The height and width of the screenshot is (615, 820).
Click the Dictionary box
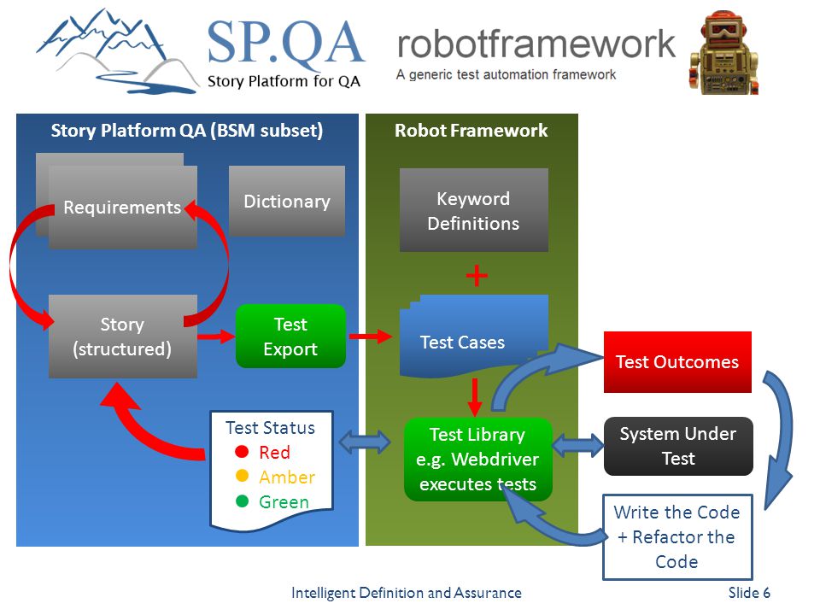[287, 201]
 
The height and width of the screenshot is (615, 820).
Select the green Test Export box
[290, 337]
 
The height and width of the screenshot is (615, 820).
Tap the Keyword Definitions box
[474, 210]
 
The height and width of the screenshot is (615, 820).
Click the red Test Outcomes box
[677, 362]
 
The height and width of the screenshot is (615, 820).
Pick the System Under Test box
[678, 446]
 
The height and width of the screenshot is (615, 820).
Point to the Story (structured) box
[123, 337]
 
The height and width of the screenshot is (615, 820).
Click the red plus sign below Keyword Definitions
[477, 276]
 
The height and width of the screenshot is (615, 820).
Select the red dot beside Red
[242, 451]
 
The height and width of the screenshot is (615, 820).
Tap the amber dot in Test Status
[242, 476]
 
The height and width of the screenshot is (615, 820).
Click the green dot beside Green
[242, 501]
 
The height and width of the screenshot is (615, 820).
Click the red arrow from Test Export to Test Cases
[370, 337]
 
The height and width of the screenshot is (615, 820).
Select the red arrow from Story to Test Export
[216, 337]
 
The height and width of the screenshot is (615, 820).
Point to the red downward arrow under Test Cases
[475, 397]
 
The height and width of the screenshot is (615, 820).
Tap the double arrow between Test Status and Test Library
[365, 442]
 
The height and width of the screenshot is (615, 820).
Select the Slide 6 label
[749, 593]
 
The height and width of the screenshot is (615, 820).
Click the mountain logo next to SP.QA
[117, 51]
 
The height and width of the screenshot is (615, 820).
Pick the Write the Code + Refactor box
[677, 537]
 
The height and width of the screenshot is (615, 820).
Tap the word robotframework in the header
[536, 44]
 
